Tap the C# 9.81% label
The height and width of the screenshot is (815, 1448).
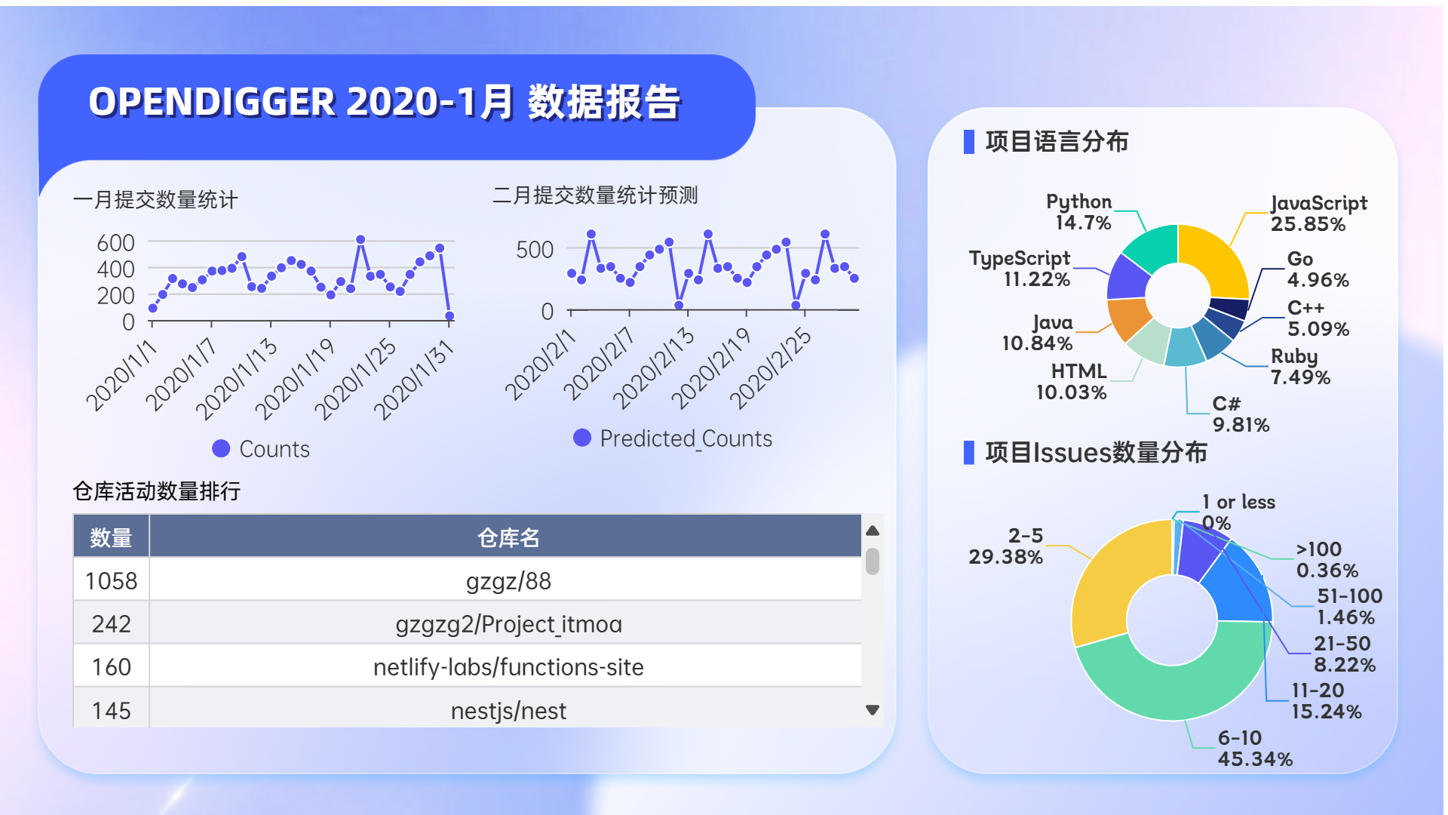click(1241, 414)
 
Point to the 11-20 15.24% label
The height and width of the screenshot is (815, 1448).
click(1326, 701)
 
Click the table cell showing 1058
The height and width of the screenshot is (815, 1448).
click(112, 581)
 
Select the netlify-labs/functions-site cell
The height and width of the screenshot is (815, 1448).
click(508, 667)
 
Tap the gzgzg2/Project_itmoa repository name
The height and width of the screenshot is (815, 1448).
click(508, 624)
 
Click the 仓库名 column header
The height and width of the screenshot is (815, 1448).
click(508, 537)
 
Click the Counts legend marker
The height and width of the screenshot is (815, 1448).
click(221, 449)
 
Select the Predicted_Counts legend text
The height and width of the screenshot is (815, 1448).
click(686, 438)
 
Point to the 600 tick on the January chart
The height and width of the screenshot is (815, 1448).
click(115, 243)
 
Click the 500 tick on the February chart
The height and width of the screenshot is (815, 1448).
click(535, 250)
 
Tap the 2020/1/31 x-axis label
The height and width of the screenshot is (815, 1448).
click(414, 380)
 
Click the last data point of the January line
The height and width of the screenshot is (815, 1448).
click(449, 316)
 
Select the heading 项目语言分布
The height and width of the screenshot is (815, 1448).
click(1057, 141)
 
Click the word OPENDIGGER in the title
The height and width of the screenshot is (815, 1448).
click(212, 102)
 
